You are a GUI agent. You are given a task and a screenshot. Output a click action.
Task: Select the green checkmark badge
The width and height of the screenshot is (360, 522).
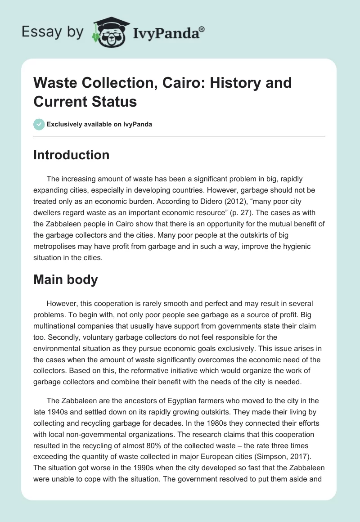(39, 124)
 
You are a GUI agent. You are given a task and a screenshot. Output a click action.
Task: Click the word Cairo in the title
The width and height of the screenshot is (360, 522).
(171, 83)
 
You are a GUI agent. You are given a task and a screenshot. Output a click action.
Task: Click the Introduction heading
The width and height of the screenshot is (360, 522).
(71, 155)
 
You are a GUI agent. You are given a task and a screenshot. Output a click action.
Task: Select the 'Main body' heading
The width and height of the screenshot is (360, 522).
(66, 279)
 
